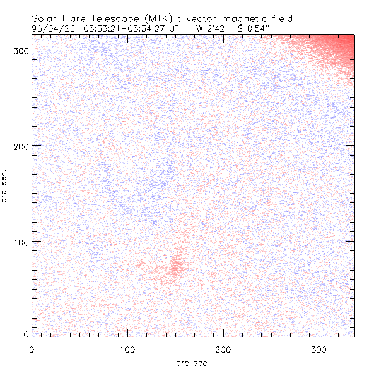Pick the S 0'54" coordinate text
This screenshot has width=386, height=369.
pos(247,28)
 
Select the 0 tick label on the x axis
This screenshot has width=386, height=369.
pos(32,348)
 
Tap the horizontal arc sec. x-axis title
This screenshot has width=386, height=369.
pos(192,362)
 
